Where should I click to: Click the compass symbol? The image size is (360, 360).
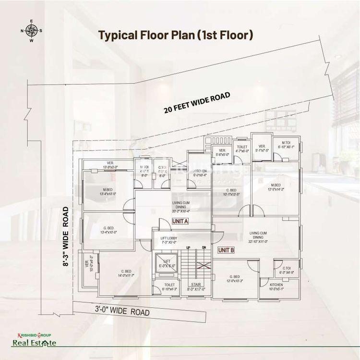click(x=32, y=30)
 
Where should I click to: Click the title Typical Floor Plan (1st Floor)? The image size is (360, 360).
click(x=176, y=35)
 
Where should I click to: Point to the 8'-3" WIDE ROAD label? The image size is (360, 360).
click(x=67, y=237)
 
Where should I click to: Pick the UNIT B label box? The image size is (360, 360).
click(x=226, y=250)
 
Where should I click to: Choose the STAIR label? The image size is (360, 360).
click(x=196, y=286)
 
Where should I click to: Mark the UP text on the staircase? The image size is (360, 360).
click(x=189, y=248)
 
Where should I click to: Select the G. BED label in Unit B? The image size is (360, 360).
click(x=235, y=278)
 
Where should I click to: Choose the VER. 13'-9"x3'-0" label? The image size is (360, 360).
click(x=110, y=164)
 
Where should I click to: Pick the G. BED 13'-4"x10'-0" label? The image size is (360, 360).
click(x=108, y=230)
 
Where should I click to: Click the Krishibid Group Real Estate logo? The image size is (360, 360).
click(x=34, y=339)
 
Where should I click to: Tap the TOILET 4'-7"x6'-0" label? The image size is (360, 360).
click(x=242, y=149)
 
